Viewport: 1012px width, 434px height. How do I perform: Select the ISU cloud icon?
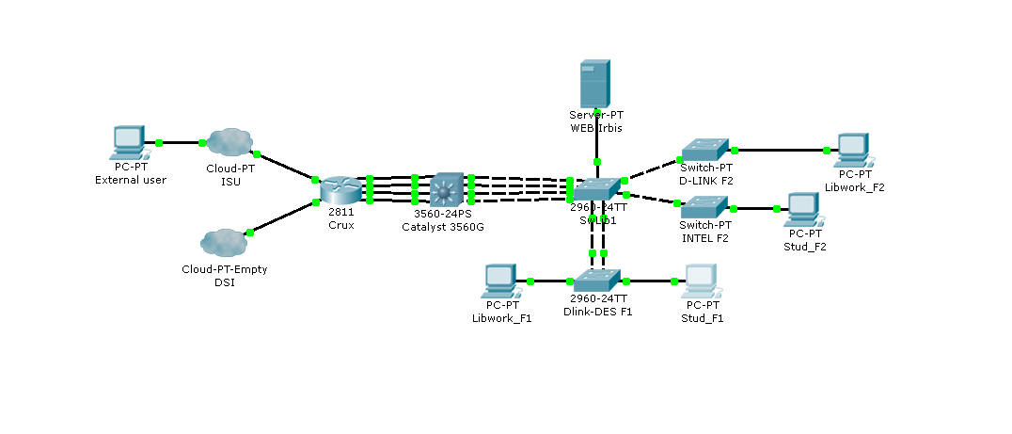[228, 143]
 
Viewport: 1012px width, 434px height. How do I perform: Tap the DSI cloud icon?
[224, 242]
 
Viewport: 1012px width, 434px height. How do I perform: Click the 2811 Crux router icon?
[340, 189]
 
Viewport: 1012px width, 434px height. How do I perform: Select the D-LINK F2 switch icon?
[705, 149]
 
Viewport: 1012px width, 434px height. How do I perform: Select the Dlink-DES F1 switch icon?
[596, 280]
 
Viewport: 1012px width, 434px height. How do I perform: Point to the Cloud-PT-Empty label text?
[224, 269]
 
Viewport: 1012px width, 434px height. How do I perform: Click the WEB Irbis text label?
[595, 127]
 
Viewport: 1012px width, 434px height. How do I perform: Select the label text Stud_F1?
[702, 318]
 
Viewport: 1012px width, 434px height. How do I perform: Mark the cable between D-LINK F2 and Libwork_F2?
[781, 150]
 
